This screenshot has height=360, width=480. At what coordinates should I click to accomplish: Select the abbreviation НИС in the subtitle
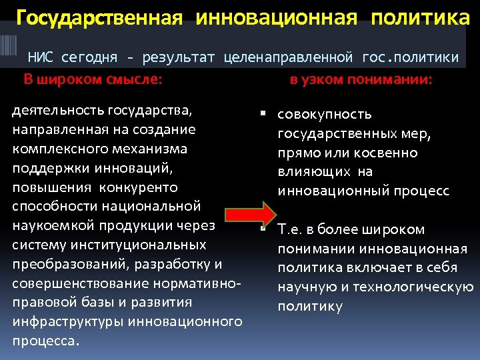(x=41, y=57)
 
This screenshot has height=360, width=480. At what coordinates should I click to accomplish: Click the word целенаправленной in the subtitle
(x=291, y=57)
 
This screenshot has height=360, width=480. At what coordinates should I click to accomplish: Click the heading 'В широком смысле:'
(x=93, y=80)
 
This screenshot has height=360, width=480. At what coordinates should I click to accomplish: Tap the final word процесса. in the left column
(x=46, y=341)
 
